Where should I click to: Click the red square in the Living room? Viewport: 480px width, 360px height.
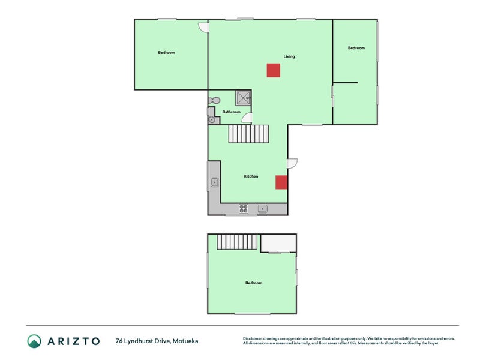274,70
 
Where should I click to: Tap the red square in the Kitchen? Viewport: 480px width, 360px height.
281,182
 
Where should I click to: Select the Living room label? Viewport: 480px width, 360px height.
289,56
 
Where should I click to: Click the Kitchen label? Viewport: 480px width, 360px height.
251,176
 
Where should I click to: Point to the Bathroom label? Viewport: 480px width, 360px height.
232,112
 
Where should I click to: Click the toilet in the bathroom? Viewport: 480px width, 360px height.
214,100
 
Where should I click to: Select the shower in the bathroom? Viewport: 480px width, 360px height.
244,98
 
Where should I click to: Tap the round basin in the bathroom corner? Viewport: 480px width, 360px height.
212,119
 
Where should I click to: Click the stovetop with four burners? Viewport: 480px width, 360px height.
244,209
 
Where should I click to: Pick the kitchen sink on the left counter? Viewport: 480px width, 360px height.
215,182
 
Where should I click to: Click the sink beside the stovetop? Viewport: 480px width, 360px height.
263,209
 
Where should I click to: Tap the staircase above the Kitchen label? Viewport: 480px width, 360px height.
248,134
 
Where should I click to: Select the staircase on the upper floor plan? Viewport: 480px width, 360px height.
238,242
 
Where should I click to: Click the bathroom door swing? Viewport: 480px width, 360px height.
247,118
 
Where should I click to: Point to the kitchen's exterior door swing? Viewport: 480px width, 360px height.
292,163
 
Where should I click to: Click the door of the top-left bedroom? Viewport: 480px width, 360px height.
203,27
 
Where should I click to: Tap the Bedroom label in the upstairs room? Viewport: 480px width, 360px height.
254,283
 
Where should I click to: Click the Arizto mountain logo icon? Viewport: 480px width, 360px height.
34,341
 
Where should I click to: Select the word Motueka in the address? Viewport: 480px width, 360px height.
185,341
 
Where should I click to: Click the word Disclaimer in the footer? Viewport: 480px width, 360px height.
252,338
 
